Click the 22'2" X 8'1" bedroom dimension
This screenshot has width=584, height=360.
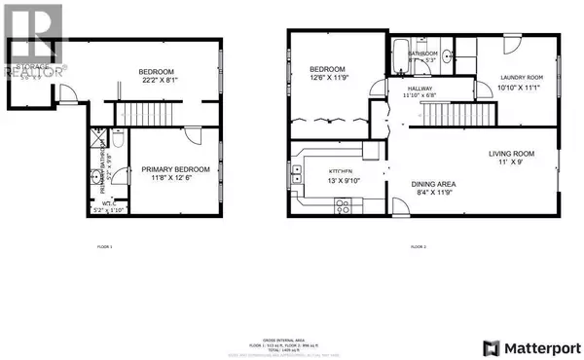tap(155, 81)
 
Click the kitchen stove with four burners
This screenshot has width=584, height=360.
tap(342, 205)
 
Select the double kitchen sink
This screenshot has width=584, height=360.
tap(295, 175)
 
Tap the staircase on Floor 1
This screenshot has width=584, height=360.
tap(135, 115)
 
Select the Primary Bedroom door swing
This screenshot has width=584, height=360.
tap(194, 137)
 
